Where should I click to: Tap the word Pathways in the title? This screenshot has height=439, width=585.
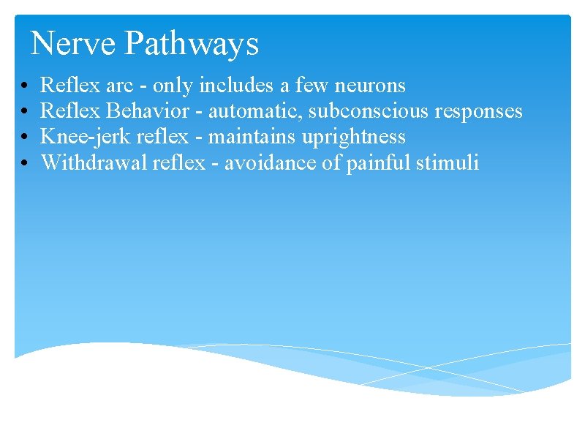192,45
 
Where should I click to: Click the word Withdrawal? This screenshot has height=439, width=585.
94,162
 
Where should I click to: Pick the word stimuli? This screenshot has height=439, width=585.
448,162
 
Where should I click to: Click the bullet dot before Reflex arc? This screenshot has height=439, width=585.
25,87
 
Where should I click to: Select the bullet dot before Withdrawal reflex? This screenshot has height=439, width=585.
25,163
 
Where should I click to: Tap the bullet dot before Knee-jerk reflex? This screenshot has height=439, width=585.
25,138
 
